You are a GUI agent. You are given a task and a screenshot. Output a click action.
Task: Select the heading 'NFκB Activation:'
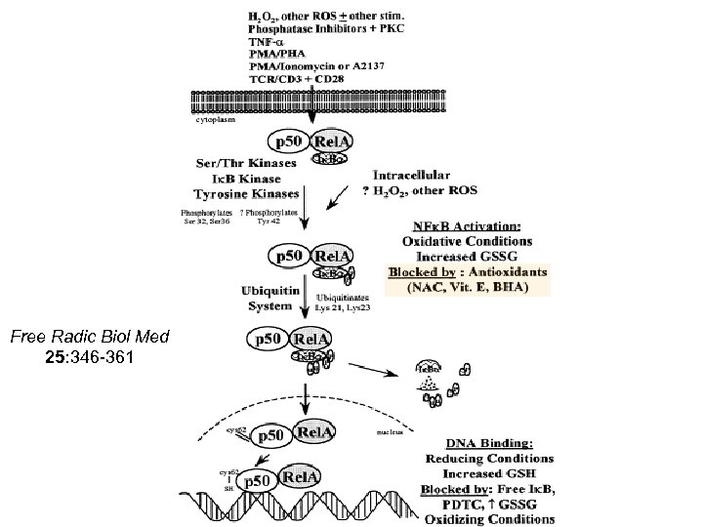pos(463,224)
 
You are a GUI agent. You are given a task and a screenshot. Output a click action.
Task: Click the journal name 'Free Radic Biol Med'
pos(90,337)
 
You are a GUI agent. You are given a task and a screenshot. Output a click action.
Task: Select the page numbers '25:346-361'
pos(90,356)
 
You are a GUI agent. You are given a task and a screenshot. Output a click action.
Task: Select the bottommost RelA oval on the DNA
pos(302,478)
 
